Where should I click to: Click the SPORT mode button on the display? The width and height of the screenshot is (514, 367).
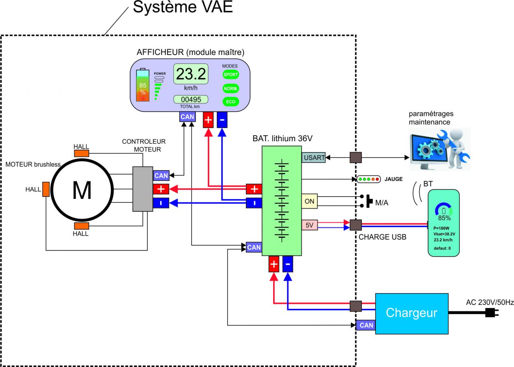coord(230,75)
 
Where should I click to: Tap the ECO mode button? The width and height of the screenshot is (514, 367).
coord(230,102)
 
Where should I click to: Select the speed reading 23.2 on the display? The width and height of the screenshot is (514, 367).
coord(191,74)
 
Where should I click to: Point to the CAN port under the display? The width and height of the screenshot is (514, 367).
coord(187,117)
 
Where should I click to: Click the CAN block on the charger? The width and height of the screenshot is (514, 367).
coord(366,325)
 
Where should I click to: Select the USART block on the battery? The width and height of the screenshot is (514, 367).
coord(314,158)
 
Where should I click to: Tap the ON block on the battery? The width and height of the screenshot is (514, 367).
coord(309,201)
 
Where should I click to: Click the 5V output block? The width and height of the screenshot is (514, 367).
coord(309,225)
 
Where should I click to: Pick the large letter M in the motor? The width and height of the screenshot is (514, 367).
coord(82,191)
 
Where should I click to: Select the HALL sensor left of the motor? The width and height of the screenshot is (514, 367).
coord(46,189)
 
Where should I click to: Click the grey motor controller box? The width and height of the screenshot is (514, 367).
coord(143,189)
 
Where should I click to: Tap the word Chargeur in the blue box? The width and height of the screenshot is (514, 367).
coord(411,313)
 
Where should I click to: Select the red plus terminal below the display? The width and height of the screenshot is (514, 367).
coord(209,120)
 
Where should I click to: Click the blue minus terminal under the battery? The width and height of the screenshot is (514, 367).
coord(288,264)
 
